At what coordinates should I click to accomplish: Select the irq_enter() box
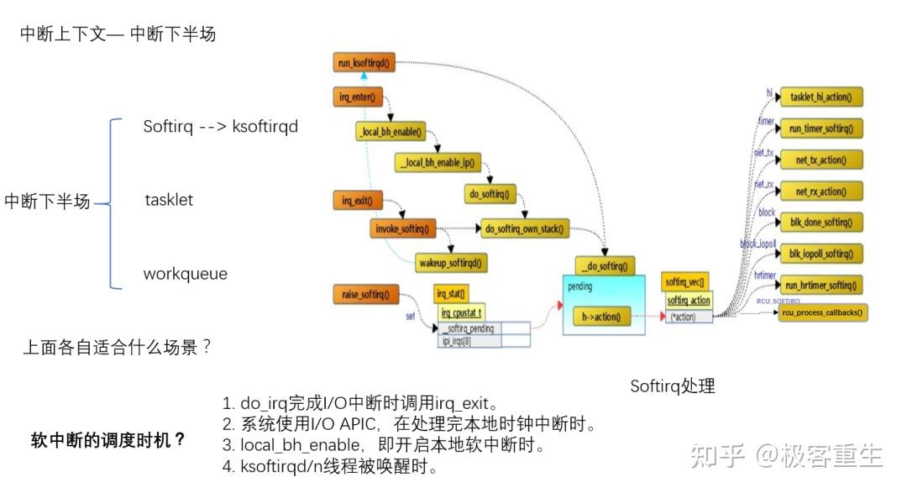point(358,97)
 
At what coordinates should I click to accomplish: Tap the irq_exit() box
point(358,201)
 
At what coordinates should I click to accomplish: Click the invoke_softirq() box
point(401,228)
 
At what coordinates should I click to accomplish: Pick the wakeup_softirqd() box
point(452,263)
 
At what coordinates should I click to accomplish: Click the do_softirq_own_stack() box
point(522,228)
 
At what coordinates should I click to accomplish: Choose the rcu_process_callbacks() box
point(822,312)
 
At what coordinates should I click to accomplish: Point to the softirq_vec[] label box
point(685,282)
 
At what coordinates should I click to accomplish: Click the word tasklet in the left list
point(169,200)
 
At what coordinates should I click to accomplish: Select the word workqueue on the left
point(185,274)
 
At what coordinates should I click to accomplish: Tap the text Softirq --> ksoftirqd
point(220,127)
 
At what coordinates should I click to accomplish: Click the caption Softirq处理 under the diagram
point(673,386)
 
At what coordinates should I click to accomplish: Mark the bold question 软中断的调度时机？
point(108,440)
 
